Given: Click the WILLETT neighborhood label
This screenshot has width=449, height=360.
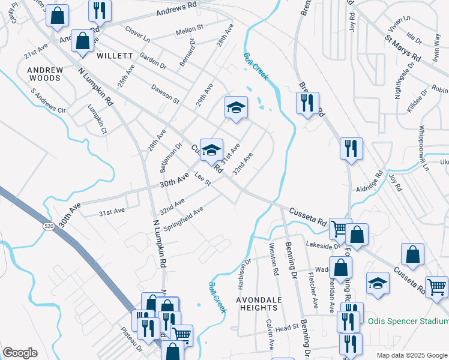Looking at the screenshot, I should (114, 55).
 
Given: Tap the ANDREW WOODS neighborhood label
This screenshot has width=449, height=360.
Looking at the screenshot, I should (45, 74).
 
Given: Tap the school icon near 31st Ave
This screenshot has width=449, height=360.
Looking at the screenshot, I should (211, 149).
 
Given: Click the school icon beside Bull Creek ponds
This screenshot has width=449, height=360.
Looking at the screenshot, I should (236, 107).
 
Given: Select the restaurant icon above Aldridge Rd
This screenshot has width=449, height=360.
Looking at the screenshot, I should (351, 148).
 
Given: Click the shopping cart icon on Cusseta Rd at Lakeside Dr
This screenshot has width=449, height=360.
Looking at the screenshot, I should (340, 228).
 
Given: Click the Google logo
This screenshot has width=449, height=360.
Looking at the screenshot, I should (20, 353).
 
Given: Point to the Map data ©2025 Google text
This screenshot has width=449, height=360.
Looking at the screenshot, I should (411, 355).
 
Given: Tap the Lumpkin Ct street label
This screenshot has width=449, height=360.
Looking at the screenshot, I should (97, 118).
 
